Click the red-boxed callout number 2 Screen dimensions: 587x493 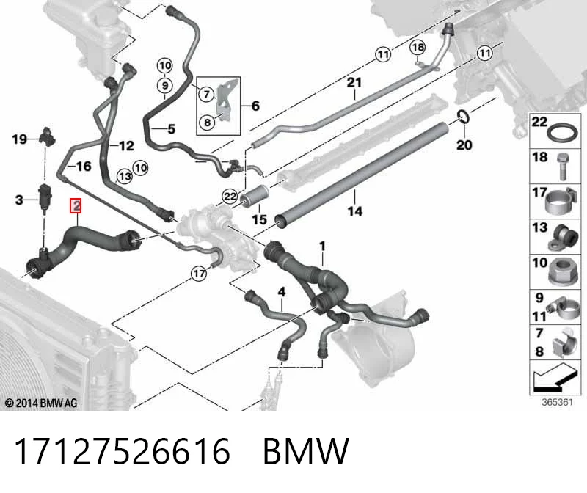click(76, 205)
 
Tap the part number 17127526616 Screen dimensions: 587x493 click(122, 451)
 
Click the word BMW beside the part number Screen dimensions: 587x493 click(306, 451)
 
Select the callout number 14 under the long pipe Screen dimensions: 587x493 click(355, 211)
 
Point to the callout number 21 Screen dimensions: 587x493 click(354, 82)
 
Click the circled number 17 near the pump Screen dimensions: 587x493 click(199, 274)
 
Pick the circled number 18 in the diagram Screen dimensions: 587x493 click(418, 47)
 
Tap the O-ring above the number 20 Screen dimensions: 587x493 click(464, 117)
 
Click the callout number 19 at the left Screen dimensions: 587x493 click(19, 139)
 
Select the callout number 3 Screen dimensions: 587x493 click(19, 200)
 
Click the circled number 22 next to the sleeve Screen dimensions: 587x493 click(230, 197)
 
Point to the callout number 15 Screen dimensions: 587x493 click(260, 219)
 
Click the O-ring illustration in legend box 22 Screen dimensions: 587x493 click(562, 132)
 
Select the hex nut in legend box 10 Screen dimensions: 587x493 click(563, 271)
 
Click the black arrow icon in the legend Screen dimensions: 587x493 click(554, 379)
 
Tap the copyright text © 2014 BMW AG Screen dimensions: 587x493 click(41, 403)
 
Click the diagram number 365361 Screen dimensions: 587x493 click(557, 402)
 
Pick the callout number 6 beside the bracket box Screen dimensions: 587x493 click(255, 106)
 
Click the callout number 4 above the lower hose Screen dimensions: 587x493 click(282, 291)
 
